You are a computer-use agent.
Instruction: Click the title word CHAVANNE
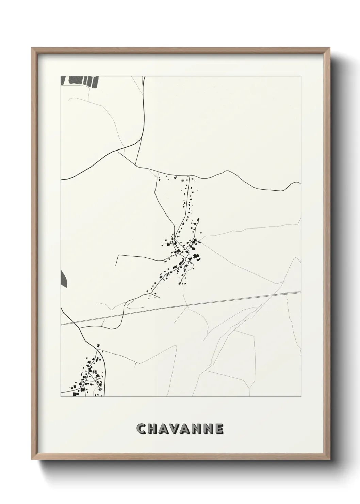(180, 429)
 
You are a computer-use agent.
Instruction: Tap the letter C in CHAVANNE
(141, 429)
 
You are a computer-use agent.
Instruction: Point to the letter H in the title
(153, 429)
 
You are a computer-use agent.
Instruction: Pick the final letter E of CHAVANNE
(219, 429)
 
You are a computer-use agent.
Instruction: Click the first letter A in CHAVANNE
(164, 429)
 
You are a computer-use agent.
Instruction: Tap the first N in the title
(197, 429)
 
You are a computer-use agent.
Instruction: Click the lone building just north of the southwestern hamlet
(98, 345)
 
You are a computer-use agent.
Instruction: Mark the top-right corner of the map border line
(301, 76)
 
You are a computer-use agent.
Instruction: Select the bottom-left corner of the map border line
(61, 397)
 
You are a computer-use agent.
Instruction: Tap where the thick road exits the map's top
(145, 77)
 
